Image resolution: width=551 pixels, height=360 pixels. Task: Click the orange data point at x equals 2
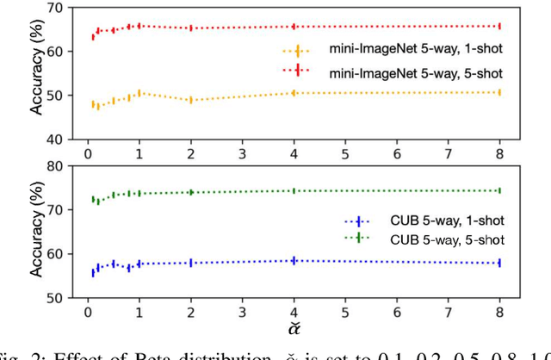(190, 100)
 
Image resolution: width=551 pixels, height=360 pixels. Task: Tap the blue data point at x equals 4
(294, 260)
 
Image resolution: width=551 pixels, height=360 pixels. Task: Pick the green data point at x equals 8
(499, 190)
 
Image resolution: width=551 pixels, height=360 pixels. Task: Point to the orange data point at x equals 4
(294, 92)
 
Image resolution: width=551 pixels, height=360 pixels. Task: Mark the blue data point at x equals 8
(499, 263)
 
